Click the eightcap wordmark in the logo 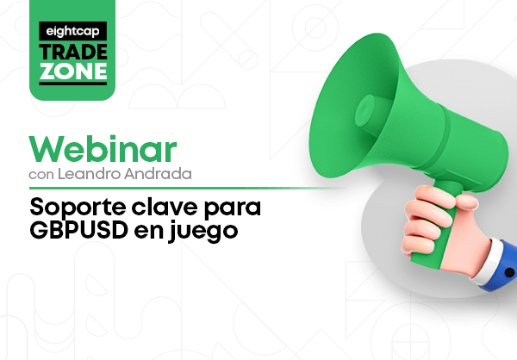tap(73, 32)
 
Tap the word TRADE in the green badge tap(73, 52)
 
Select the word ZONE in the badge tap(73, 71)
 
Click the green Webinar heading tap(103, 149)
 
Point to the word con tap(41, 175)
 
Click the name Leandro tap(89, 174)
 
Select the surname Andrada tap(158, 174)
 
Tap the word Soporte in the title tap(78, 208)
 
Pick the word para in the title tap(233, 209)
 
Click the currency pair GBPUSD tap(78, 230)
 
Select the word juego tap(202, 232)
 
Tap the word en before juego tap(148, 232)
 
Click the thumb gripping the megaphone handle tap(466, 201)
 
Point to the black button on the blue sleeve tap(509, 272)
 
